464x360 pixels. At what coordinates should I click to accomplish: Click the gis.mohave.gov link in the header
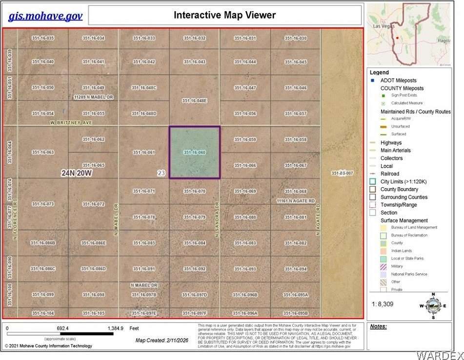click(45, 16)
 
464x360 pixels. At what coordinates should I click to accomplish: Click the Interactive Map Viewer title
click(224, 15)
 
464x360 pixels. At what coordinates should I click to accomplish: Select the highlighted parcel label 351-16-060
click(194, 153)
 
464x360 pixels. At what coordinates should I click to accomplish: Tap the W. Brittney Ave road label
click(71, 123)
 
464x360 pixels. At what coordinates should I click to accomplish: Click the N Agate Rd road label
click(318, 220)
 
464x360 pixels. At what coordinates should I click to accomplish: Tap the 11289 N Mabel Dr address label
click(93, 97)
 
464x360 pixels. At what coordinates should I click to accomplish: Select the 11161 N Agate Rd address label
click(295, 200)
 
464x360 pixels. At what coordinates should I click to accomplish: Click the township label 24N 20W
click(77, 173)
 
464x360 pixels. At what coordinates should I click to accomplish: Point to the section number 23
click(161, 173)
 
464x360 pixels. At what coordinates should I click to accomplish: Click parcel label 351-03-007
click(342, 173)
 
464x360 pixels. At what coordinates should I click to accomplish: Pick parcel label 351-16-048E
click(194, 100)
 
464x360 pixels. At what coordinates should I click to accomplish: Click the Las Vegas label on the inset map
click(383, 25)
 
